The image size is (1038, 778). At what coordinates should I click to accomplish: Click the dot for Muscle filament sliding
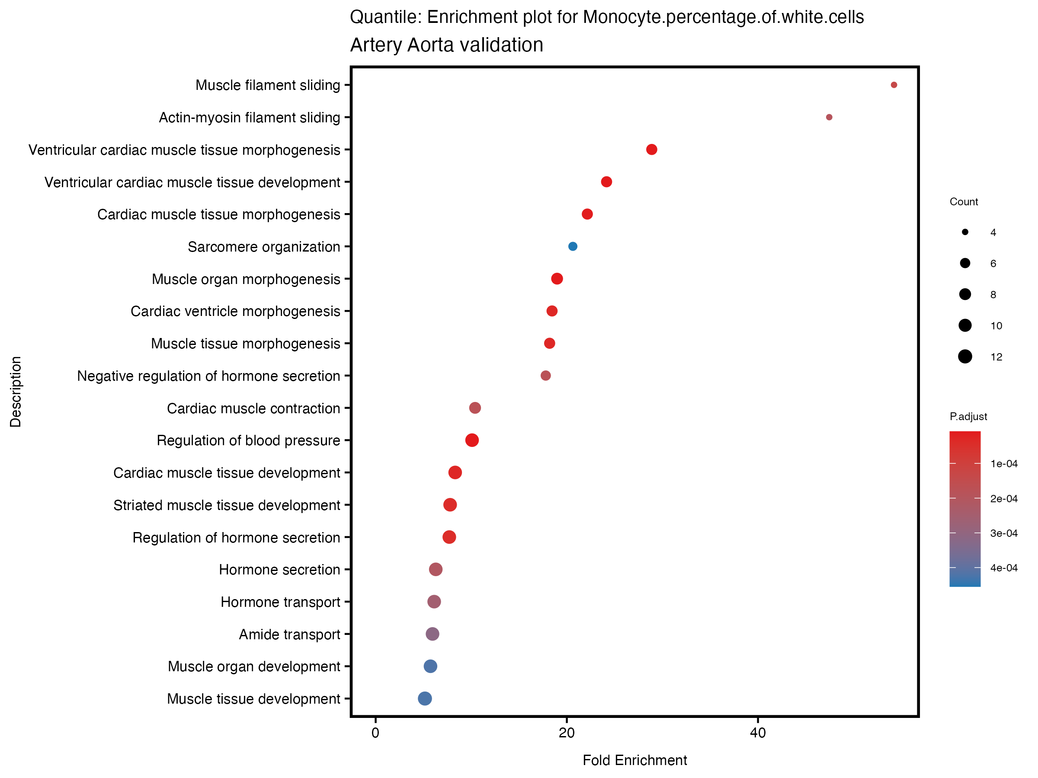(894, 85)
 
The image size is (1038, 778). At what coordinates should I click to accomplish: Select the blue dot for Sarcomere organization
(573, 246)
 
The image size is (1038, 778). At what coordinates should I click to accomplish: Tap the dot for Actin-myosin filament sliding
(829, 117)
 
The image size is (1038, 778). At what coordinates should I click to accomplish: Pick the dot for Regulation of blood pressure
(471, 440)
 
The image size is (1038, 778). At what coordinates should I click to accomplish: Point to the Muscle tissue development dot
(425, 698)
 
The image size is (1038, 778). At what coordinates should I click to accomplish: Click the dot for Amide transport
(432, 634)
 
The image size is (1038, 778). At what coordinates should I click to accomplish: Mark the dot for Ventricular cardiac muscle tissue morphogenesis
(651, 150)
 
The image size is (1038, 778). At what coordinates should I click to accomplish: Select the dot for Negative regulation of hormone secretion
(545, 376)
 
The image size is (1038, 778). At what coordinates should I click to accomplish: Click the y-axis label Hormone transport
(280, 602)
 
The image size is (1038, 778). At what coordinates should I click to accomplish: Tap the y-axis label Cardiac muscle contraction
(253, 408)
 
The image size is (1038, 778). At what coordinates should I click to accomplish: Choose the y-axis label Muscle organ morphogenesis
(246, 279)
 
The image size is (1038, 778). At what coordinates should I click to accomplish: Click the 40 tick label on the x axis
(758, 733)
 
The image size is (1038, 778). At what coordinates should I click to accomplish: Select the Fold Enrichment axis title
(634, 760)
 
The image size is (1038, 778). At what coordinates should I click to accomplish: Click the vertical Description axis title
(16, 392)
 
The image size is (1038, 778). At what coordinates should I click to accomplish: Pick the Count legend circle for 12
(965, 357)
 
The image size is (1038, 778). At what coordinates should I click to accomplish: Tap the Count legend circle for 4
(965, 232)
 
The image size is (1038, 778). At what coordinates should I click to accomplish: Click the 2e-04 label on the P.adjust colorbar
(1004, 498)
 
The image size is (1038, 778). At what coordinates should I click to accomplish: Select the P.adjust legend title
(968, 416)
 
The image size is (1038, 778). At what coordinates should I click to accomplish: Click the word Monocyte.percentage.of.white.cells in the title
(723, 17)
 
